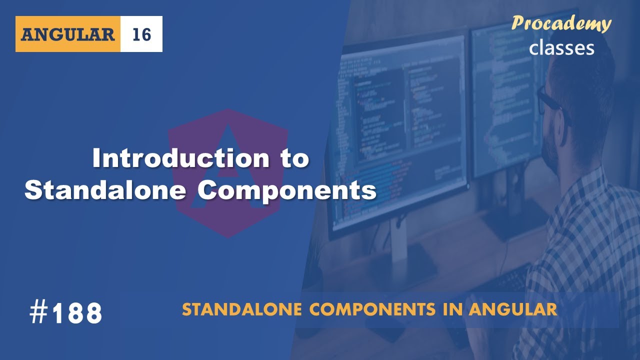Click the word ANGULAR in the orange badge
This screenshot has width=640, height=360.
pos(68,34)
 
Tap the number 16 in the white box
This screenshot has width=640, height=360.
pos(141,34)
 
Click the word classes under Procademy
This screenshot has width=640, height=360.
pos(561,47)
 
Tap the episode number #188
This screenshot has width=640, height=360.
pos(65,313)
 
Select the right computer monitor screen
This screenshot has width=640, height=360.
pos(505,100)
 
